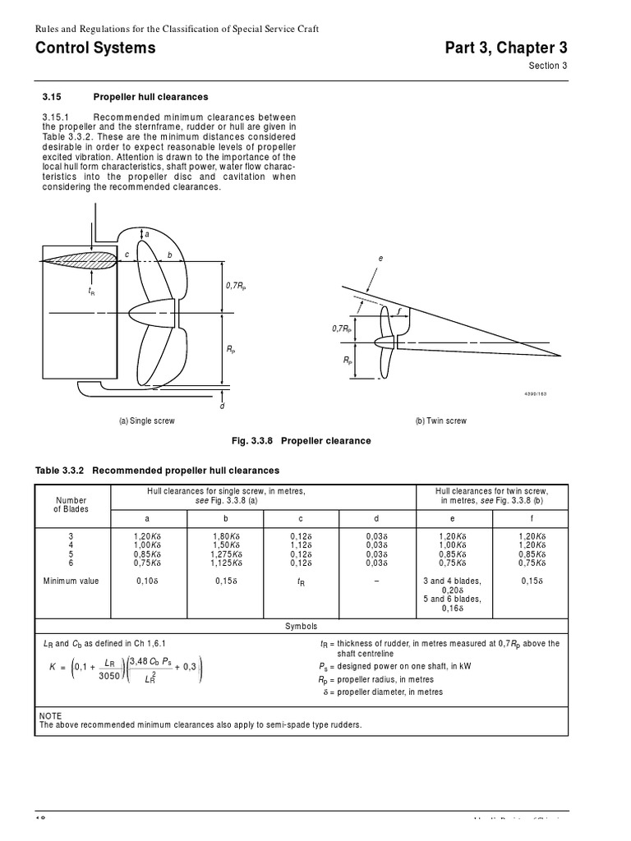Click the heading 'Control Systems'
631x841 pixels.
(x=95, y=48)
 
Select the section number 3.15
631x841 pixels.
(x=52, y=96)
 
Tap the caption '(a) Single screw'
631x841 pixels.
(x=147, y=420)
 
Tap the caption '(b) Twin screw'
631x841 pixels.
(x=441, y=420)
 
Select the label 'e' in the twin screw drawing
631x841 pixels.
(x=380, y=259)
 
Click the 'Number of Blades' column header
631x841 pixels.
(x=71, y=504)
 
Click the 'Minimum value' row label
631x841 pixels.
(x=71, y=581)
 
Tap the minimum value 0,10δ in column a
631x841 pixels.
(x=146, y=581)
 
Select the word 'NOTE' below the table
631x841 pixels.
(x=50, y=716)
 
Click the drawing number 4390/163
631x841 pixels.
(x=535, y=394)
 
